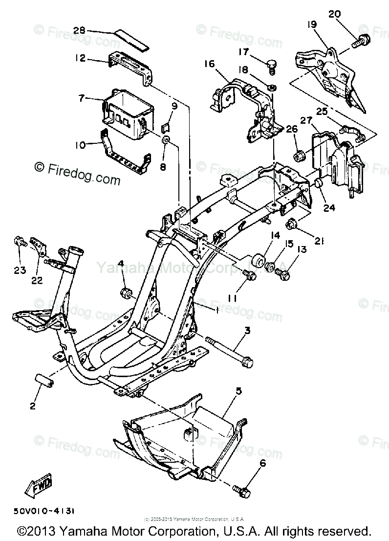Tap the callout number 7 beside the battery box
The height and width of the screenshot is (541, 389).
click(x=82, y=98)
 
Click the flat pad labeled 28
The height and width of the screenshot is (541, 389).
click(x=132, y=39)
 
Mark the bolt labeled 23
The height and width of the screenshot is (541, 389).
click(x=20, y=241)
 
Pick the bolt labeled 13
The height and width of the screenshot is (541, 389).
click(x=283, y=275)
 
